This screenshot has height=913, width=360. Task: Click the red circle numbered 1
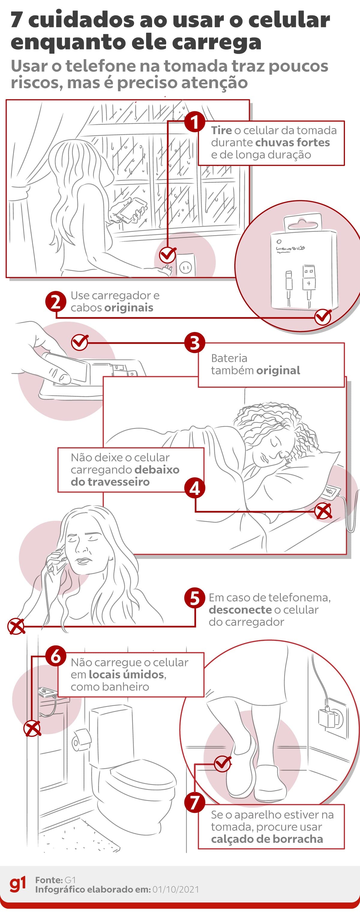[x=194, y=122]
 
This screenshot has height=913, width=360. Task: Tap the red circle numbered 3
[x=194, y=343]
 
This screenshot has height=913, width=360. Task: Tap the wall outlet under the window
[x=185, y=265]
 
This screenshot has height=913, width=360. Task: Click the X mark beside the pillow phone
[x=323, y=511]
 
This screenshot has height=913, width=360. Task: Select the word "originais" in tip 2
[x=129, y=308]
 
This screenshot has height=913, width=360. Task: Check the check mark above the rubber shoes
[x=223, y=763]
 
